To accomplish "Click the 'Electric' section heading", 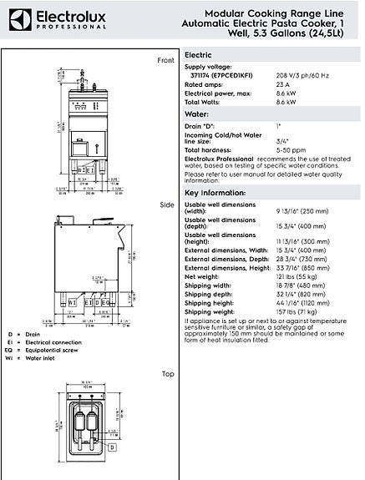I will click(x=200, y=53).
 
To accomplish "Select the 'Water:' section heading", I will click(x=196, y=112).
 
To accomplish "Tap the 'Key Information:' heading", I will click(x=213, y=192).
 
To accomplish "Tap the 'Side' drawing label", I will click(x=166, y=205).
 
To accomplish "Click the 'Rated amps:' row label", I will click(x=204, y=84).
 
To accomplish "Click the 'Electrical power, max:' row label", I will click(x=219, y=93).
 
